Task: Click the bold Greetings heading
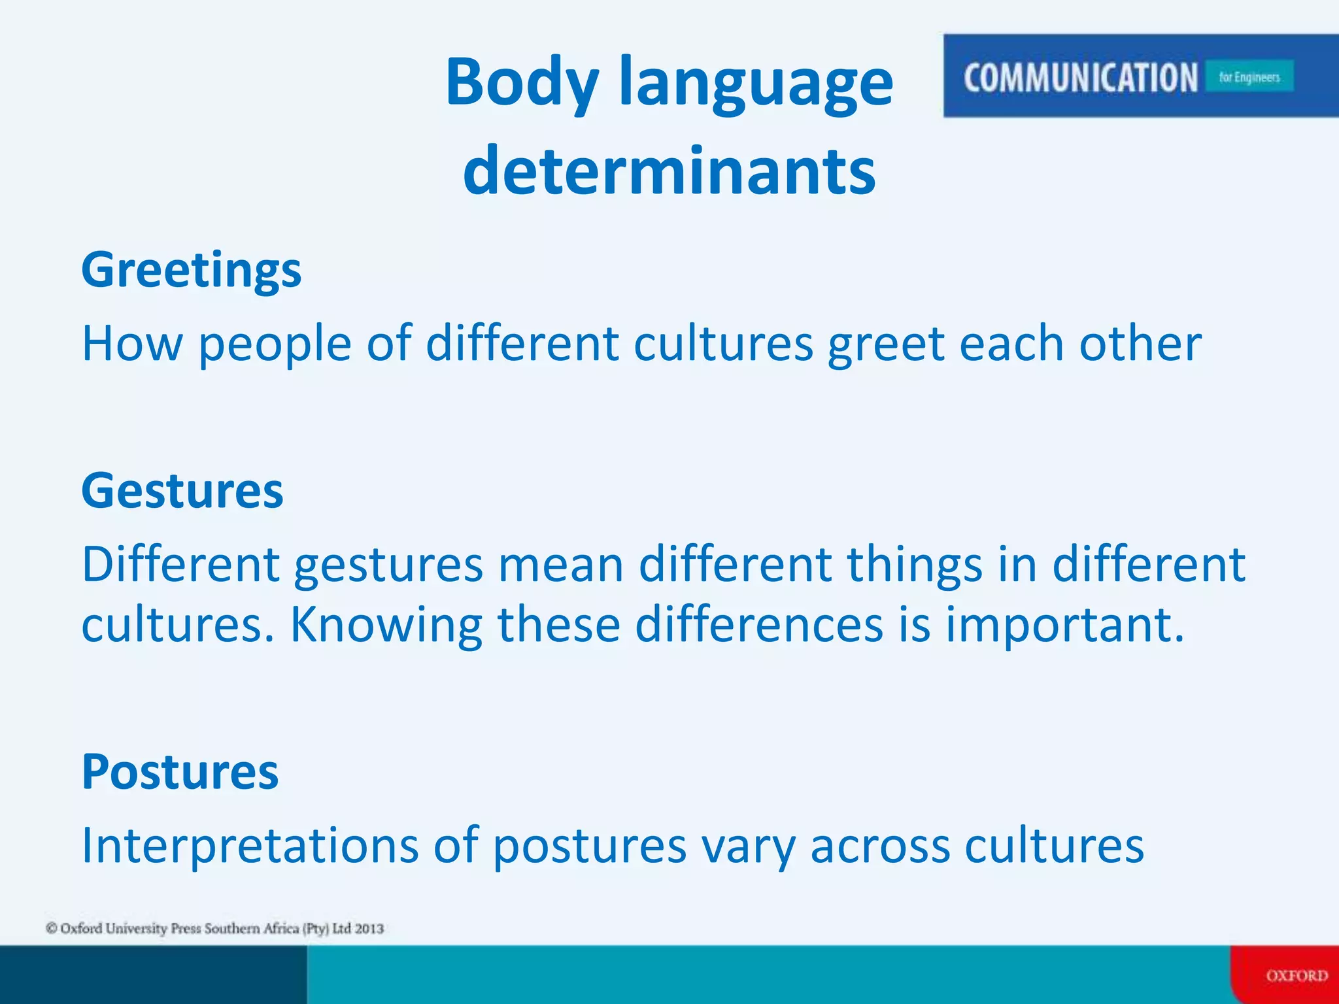(191, 270)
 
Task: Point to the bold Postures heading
(180, 772)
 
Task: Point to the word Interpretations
(249, 845)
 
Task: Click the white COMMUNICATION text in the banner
(1080, 77)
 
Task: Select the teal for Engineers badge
(1249, 77)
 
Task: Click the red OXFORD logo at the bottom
(1297, 976)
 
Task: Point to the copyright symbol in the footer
(51, 928)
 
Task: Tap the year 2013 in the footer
(369, 928)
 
